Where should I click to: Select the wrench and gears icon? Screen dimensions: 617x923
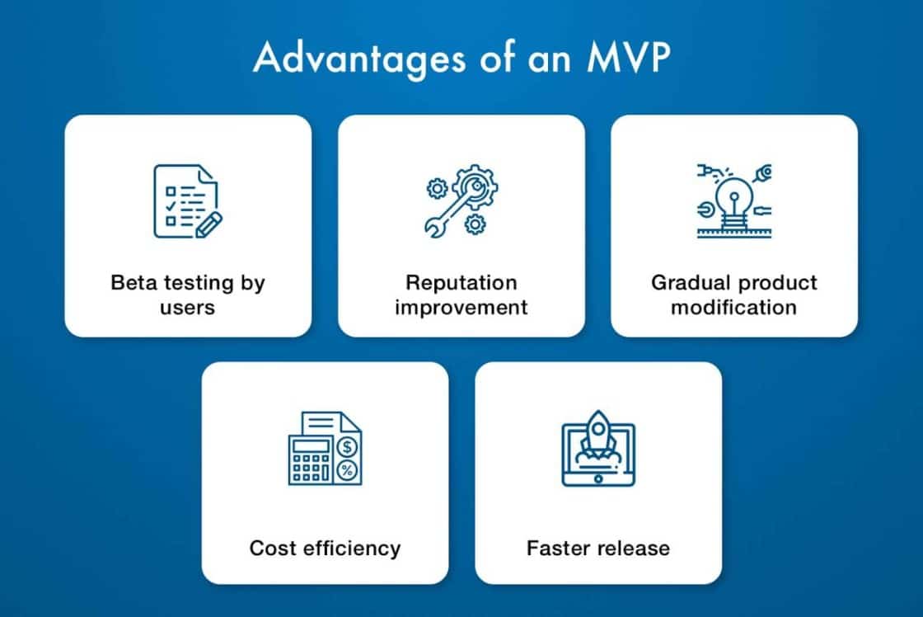point(461,201)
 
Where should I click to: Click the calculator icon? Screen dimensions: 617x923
point(325,449)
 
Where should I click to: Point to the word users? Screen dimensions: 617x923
point(188,308)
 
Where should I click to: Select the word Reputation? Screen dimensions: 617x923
point(461,283)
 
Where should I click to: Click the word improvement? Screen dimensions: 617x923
point(461,308)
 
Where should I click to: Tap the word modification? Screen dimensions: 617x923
point(733,308)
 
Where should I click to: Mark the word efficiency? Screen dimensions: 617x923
point(352,548)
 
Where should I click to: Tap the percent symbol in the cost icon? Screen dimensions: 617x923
point(349,471)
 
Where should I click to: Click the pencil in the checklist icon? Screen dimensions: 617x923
point(208,223)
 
